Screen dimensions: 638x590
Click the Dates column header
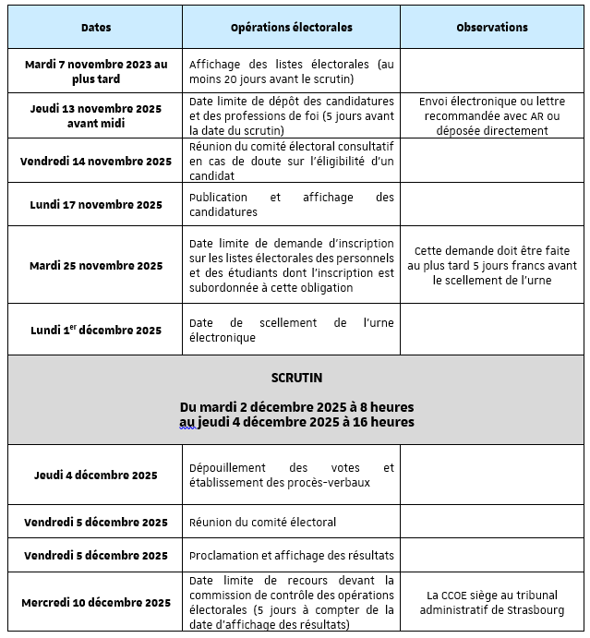(96, 28)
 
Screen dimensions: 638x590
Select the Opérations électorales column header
(291, 28)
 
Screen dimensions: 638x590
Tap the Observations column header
(492, 28)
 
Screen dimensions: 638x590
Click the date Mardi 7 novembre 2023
(96, 71)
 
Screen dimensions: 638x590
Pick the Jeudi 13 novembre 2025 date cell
(96, 115)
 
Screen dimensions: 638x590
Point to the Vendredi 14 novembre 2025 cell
(96, 162)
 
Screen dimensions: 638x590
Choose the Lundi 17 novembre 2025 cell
(96, 205)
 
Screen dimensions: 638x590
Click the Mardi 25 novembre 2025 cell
(96, 266)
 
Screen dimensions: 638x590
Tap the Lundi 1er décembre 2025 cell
(96, 331)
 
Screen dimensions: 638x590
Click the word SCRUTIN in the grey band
(296, 379)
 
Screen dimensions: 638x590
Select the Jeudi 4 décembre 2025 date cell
(96, 475)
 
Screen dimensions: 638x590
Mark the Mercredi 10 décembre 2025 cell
(96, 603)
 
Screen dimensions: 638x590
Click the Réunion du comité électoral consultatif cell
(291, 162)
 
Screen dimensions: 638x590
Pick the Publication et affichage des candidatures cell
(291, 205)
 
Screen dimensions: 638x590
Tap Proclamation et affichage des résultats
(291, 556)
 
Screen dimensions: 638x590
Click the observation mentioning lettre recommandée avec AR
(492, 115)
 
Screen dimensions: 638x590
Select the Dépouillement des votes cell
(291, 475)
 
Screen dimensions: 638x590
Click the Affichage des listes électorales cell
(291, 71)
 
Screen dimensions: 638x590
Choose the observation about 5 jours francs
(492, 265)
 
